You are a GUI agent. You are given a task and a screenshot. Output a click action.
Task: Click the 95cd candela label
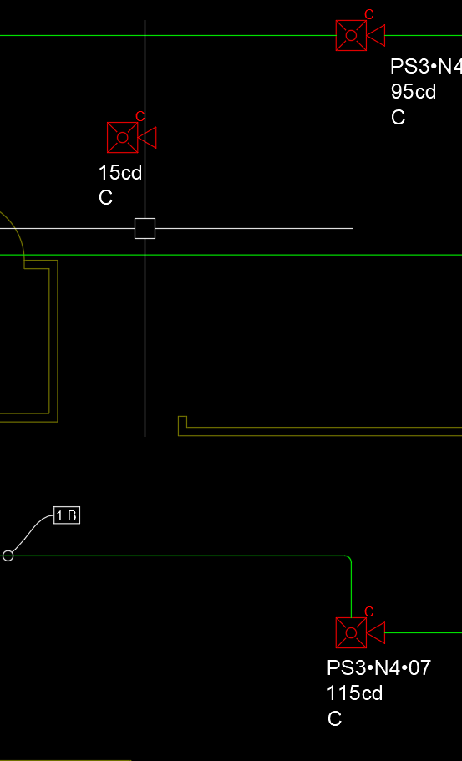pos(414,92)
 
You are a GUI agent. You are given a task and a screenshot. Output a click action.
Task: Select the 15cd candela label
pos(120,172)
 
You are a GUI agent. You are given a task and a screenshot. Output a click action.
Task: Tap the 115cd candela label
pos(355,693)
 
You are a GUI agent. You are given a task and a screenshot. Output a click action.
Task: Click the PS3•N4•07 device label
pos(378,667)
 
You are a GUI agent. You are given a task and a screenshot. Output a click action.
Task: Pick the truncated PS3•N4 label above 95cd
pos(426,67)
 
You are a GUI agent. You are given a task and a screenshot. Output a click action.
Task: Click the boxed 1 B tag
pos(67,515)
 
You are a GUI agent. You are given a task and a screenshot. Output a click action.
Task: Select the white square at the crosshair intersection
pos(145,228)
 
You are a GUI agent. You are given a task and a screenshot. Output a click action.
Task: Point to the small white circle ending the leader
pos(8,556)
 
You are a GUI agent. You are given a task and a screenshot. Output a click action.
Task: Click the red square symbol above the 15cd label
pos(122,137)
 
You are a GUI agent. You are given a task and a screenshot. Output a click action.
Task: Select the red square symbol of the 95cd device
pos(351,35)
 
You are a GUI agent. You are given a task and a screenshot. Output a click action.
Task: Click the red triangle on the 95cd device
pos(376,35)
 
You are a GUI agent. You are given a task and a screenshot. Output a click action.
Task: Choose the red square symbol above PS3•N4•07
pos(351,633)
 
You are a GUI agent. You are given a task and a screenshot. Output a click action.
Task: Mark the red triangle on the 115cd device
pos(376,633)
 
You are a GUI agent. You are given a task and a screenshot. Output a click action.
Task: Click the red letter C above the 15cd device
pos(140,116)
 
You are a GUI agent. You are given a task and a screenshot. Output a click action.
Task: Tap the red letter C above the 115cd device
pos(368,612)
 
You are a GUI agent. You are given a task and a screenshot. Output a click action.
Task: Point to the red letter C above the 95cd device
pos(368,14)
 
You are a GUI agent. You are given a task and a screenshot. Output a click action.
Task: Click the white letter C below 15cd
pos(106,197)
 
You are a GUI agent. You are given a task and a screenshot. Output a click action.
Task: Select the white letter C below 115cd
pos(335,718)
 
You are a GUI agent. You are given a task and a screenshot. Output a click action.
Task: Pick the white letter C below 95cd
pos(398,118)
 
